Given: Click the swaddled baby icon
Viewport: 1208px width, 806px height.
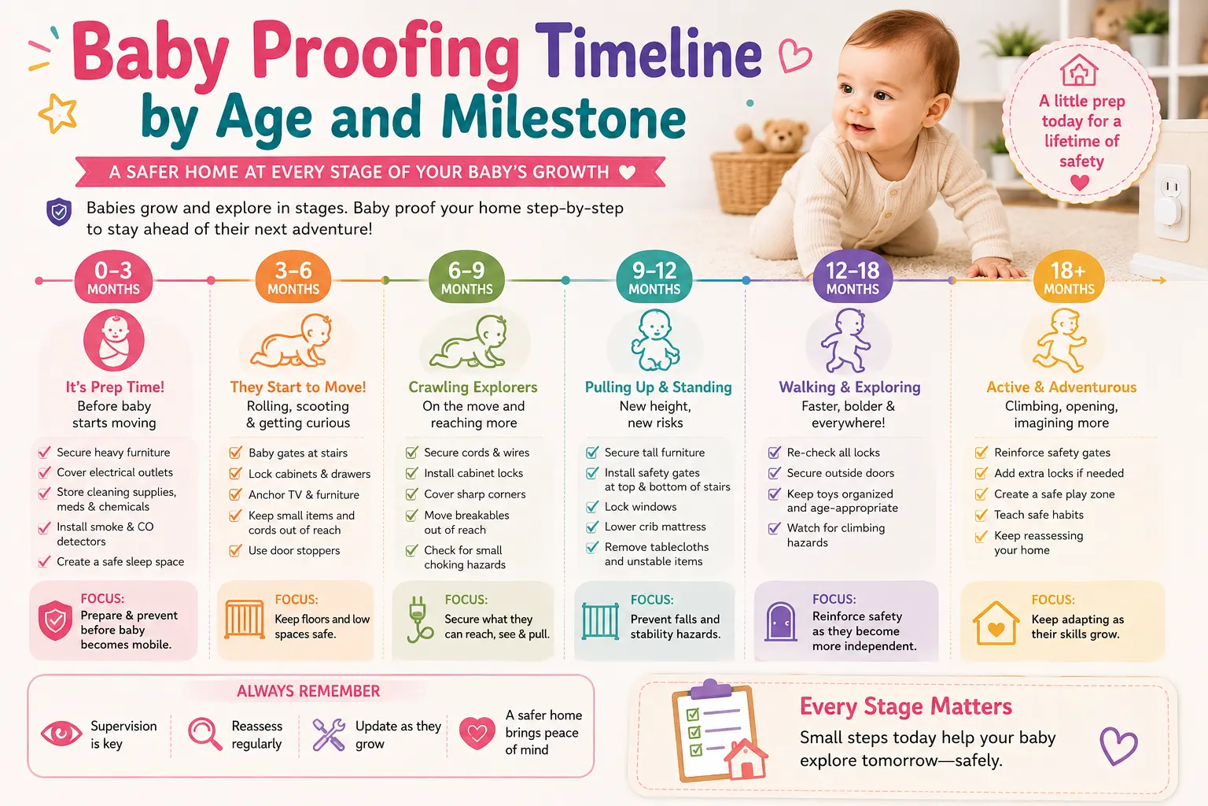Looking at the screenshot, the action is [114, 340].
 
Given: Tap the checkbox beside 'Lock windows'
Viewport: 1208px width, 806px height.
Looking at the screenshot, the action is [592, 507].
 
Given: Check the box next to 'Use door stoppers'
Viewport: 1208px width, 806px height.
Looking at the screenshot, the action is [235, 551].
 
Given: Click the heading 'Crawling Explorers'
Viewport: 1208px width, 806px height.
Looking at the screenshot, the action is [473, 387].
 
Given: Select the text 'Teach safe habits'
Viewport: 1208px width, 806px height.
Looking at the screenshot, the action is [1039, 515].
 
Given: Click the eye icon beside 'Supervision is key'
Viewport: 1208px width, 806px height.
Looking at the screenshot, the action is [61, 734].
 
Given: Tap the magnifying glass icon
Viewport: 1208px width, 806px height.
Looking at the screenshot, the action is [205, 734].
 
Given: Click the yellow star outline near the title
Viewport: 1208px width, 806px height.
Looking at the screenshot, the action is [57, 113].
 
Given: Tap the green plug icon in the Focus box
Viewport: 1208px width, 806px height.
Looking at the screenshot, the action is [419, 619].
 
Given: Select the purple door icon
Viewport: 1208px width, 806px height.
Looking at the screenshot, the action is [781, 621].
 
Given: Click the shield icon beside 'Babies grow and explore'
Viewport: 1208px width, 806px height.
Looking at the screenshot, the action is [59, 212].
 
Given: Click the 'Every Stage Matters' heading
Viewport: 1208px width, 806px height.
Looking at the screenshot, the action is [905, 706].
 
